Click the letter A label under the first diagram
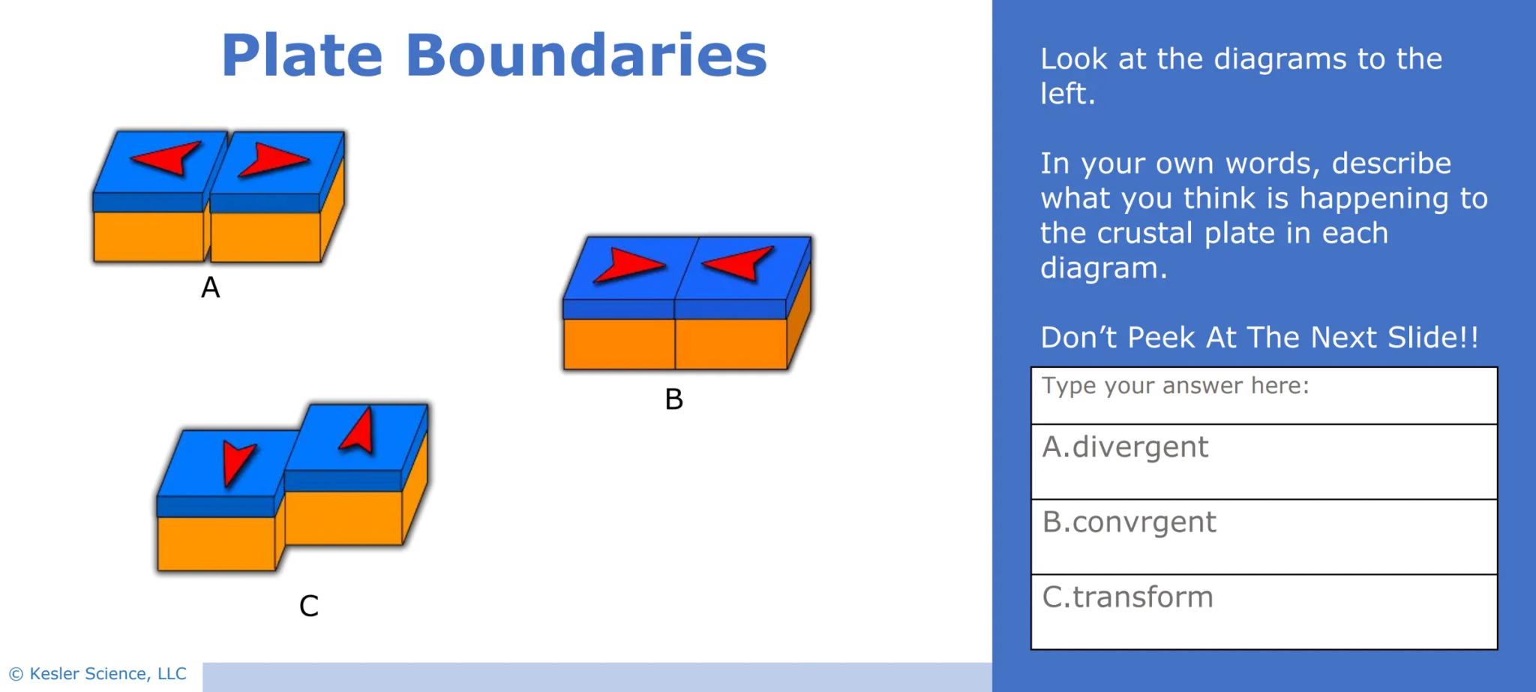click(x=210, y=287)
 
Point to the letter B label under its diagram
click(x=673, y=399)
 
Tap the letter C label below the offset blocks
click(x=309, y=606)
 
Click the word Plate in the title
click(x=301, y=56)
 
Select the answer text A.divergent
click(x=1125, y=447)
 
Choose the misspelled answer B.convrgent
click(x=1129, y=522)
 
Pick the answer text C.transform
click(x=1127, y=597)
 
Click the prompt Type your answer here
click(x=1174, y=386)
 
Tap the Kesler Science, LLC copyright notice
click(x=97, y=673)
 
